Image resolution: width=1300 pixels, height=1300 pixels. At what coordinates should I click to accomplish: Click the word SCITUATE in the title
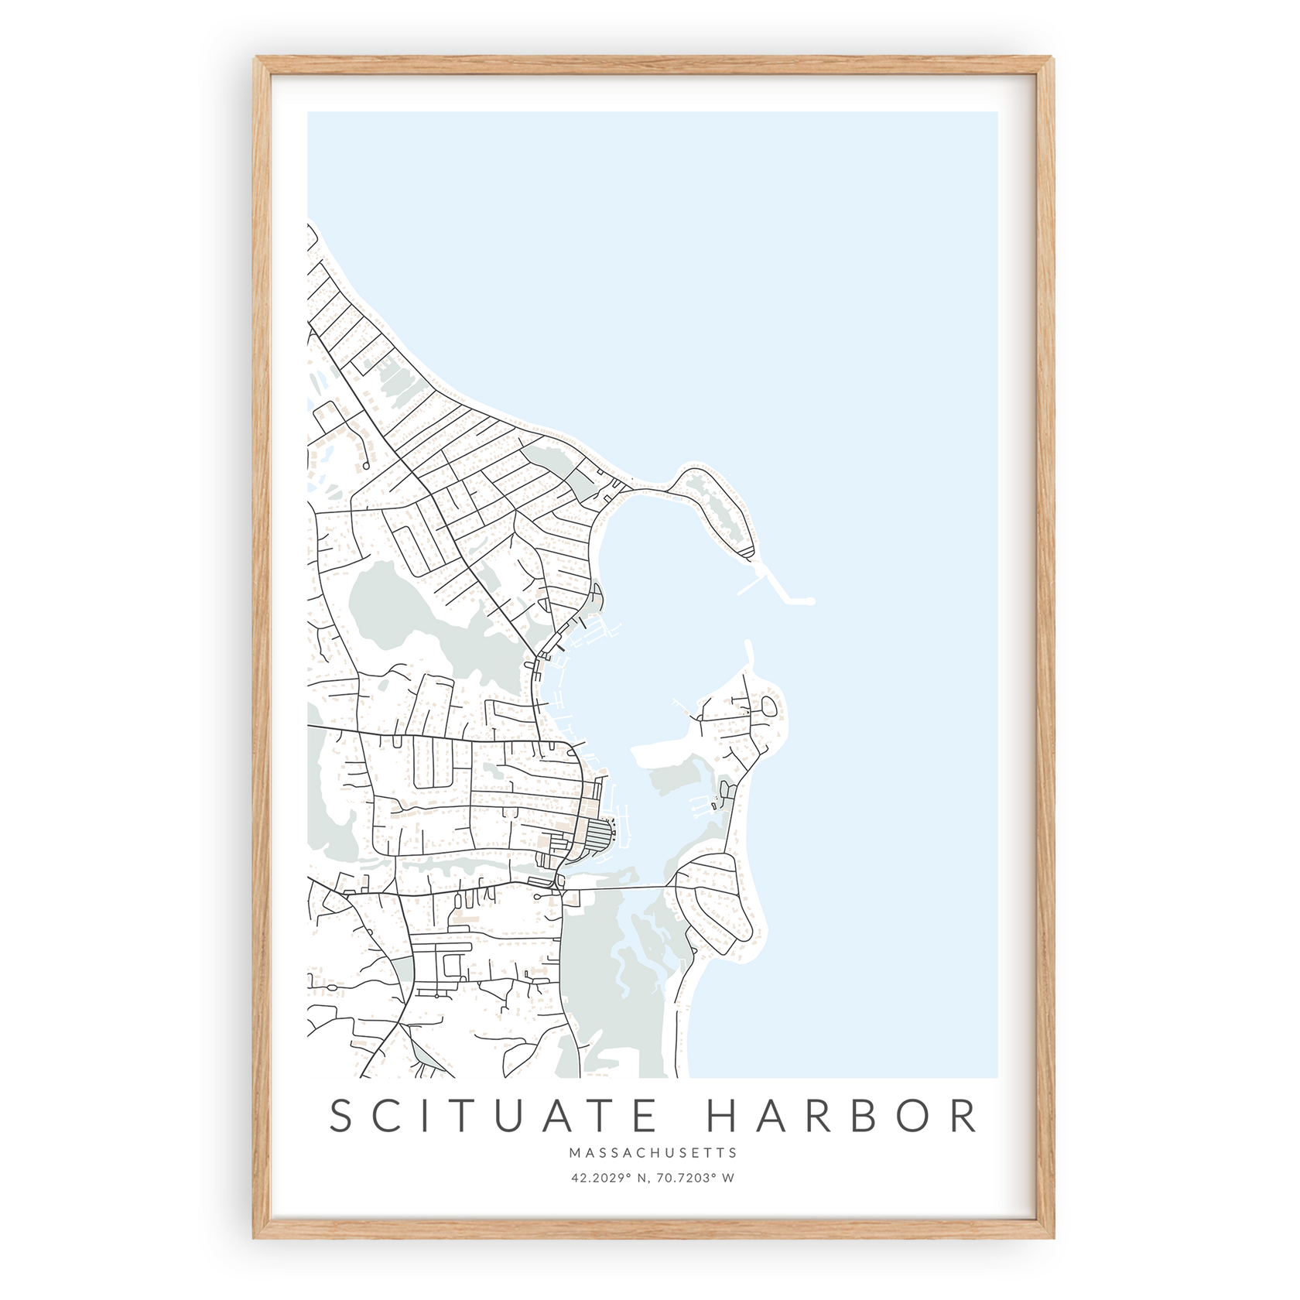point(493,1116)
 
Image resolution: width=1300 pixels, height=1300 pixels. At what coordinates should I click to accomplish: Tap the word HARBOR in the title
point(842,1116)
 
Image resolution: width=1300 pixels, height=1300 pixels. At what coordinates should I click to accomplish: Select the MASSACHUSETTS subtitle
point(653,1153)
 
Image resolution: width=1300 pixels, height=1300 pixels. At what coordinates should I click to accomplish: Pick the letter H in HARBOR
point(724,1116)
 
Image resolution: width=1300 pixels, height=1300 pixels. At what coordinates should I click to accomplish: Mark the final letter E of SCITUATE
point(641,1116)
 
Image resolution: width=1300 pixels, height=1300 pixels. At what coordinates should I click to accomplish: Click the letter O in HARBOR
point(914,1116)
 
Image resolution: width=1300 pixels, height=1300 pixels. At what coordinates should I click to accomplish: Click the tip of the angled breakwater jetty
point(811,600)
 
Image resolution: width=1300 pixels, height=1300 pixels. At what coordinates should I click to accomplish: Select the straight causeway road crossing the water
point(619,888)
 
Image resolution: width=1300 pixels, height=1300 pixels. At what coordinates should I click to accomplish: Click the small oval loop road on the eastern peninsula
point(768,706)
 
